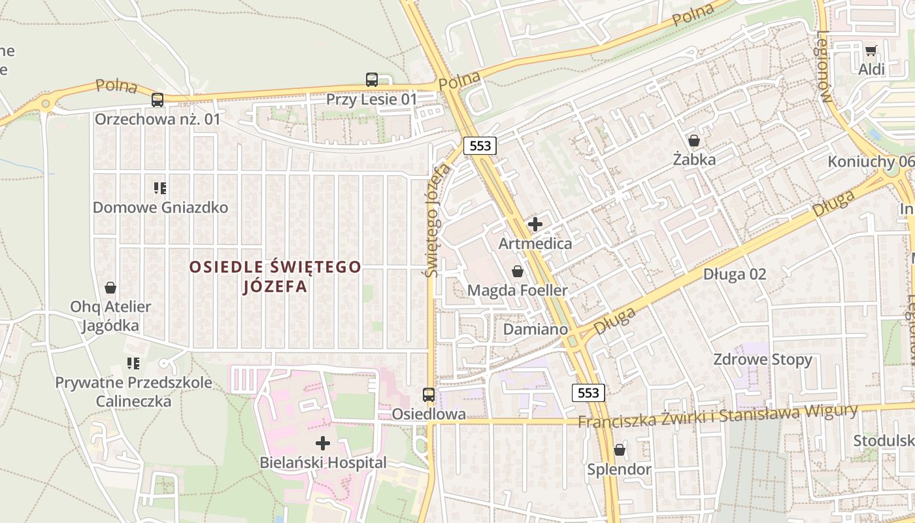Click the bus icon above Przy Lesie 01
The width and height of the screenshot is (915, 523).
click(371, 80)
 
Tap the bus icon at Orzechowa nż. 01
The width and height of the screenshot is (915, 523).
click(158, 100)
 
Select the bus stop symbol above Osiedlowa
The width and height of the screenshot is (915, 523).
click(429, 394)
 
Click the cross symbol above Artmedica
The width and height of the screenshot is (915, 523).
click(535, 224)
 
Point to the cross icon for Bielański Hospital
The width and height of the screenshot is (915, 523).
click(323, 443)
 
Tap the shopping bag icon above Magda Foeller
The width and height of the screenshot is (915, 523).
click(518, 271)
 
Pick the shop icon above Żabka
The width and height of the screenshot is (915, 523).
click(694, 141)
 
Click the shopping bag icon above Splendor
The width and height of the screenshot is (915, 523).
click(619, 450)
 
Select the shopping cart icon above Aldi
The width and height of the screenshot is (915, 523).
click(871, 50)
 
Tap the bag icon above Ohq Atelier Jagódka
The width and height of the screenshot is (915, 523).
click(110, 288)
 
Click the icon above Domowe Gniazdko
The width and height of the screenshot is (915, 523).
click(160, 189)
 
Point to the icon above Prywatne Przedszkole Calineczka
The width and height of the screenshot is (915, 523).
click(133, 363)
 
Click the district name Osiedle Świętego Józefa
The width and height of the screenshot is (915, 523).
click(274, 277)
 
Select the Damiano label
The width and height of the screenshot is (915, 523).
click(535, 329)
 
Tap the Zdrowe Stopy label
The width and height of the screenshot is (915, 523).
click(762, 360)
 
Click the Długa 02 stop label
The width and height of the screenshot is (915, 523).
click(734, 275)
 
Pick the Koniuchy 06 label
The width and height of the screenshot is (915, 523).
click(871, 161)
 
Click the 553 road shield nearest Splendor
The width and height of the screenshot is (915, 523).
click(588, 393)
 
